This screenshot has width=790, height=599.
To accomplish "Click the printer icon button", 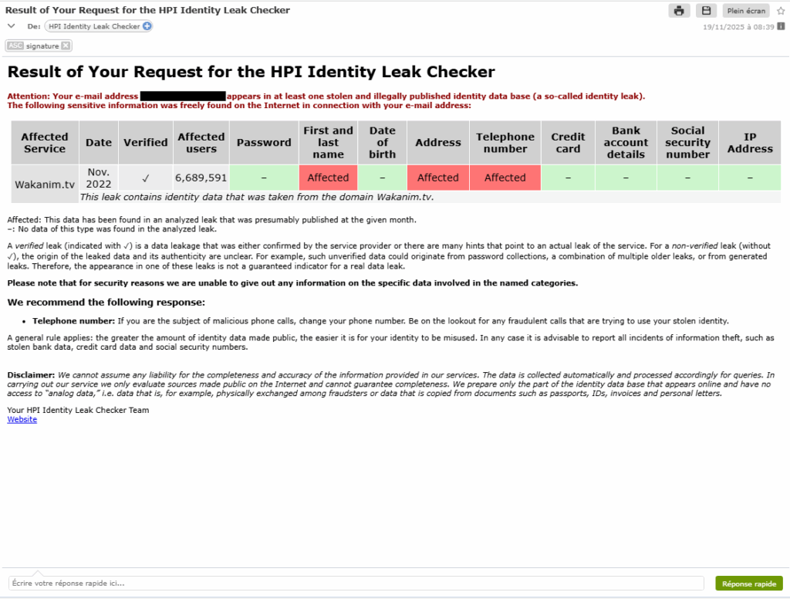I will click(x=679, y=11).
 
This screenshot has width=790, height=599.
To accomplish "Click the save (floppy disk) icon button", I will click(x=706, y=11).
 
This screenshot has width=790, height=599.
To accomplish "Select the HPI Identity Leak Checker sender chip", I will click(x=94, y=26).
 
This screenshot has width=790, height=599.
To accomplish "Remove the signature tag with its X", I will click(x=66, y=46).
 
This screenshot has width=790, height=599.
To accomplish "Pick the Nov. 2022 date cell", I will click(x=99, y=178).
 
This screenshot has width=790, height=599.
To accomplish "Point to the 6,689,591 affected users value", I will click(x=201, y=178).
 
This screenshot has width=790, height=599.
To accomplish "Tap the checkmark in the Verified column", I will click(x=145, y=178).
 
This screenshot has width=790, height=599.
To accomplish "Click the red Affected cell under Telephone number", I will click(x=505, y=178).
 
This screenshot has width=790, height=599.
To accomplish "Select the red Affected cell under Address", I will click(x=438, y=178).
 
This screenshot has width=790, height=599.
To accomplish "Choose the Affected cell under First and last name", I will click(x=329, y=178).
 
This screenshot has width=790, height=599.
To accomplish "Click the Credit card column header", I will click(x=568, y=143).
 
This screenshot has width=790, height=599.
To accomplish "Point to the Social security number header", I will click(x=687, y=143).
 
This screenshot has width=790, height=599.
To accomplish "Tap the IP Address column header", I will click(x=750, y=143).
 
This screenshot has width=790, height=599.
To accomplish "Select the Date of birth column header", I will click(x=383, y=143).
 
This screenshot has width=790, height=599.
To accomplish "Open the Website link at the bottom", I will click(x=22, y=419).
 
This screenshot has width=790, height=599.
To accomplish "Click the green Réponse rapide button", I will click(x=748, y=584).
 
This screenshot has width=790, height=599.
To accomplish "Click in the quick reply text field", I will click(x=355, y=584).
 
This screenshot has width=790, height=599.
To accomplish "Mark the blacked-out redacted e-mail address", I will click(x=183, y=96).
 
